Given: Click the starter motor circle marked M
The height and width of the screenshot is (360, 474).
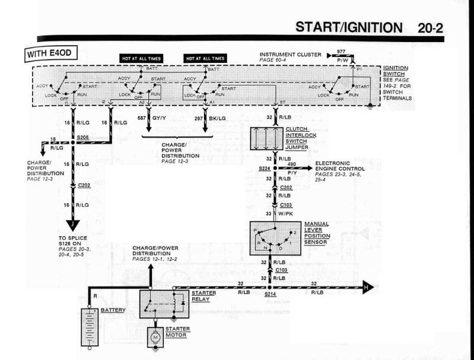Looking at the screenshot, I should [x=156, y=337].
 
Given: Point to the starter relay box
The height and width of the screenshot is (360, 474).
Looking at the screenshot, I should [x=155, y=304].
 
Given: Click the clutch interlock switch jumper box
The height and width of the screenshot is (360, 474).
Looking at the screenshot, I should [x=274, y=138].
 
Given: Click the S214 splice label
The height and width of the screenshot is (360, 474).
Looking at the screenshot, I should [x=271, y=294].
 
